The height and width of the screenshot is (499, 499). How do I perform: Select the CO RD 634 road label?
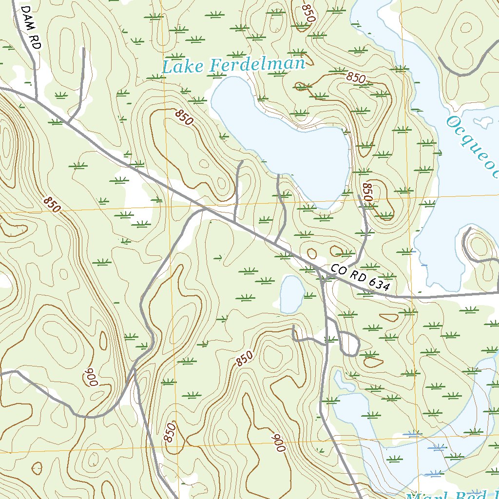361,277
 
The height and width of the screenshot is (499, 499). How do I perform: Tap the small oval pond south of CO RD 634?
292,294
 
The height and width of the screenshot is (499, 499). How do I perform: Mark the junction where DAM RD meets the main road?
37,100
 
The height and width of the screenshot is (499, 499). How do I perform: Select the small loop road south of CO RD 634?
349,344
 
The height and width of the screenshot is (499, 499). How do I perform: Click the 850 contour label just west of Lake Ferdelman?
184,117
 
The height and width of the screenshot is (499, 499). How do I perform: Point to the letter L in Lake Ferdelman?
167,67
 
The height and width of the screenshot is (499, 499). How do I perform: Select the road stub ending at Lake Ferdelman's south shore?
278,175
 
